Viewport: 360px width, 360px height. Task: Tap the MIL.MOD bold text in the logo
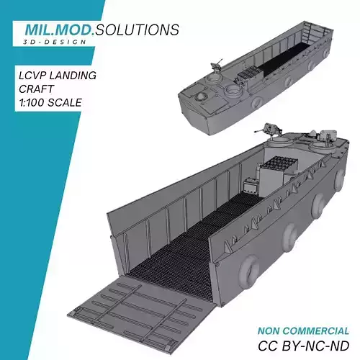click(x=59, y=30)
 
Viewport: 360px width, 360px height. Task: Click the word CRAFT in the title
click(x=36, y=89)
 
